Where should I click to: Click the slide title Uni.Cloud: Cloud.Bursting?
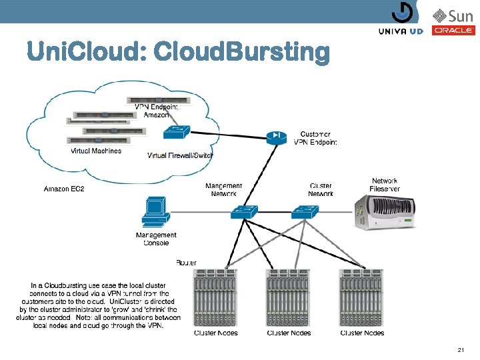point(177,52)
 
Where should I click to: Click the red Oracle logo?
point(453,31)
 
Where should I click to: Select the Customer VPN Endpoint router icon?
point(275,138)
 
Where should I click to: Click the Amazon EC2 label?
point(64,189)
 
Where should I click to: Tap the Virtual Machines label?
point(96,151)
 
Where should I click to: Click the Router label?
point(186,263)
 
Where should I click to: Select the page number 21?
point(460,350)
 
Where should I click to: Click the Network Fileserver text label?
point(385,185)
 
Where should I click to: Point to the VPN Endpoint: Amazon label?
point(156,111)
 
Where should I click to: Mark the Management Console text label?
point(156,239)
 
